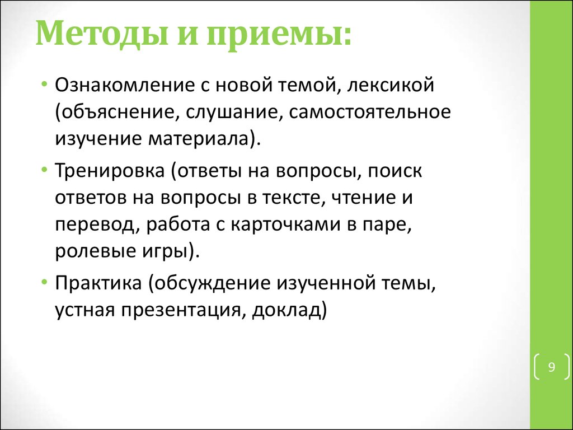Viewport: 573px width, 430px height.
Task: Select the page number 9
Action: tap(551, 367)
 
